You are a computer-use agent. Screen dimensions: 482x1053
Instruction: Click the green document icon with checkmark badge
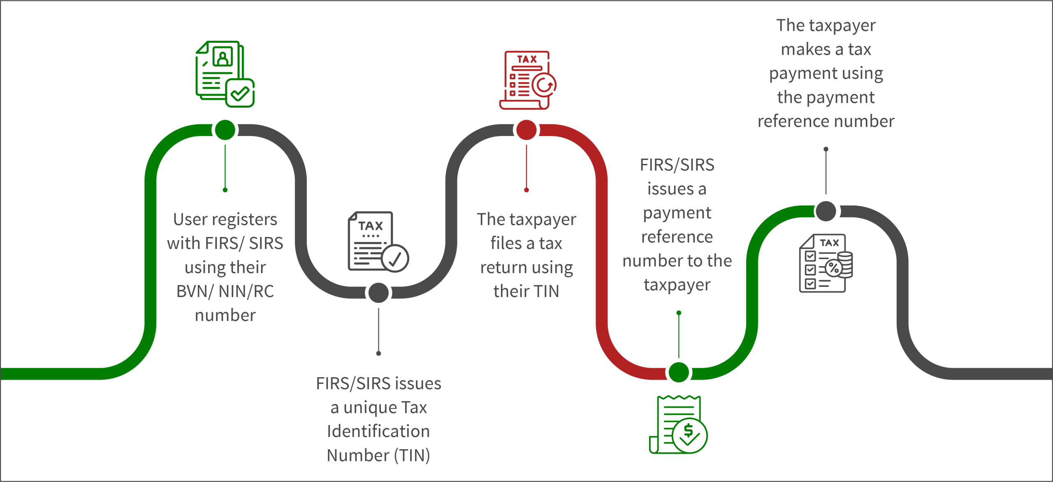point(225,74)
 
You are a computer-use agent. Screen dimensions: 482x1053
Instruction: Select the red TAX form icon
point(527,80)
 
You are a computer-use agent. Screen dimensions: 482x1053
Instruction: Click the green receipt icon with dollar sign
point(679,425)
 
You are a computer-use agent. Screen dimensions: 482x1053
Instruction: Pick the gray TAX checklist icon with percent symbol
point(826,263)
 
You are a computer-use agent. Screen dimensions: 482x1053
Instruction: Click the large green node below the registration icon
point(225,130)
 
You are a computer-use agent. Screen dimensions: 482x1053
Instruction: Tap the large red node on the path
point(526,130)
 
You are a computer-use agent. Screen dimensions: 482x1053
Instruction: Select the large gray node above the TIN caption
point(378,293)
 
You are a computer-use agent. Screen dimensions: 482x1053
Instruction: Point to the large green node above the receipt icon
point(679,373)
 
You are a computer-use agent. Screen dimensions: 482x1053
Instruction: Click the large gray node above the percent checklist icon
point(826,211)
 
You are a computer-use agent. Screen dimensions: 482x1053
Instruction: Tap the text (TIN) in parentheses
point(412,455)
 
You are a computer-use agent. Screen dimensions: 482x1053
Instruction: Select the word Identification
point(378,431)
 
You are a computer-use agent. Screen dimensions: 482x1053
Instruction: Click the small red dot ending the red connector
point(526,190)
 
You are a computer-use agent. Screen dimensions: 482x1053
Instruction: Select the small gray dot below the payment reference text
point(826,149)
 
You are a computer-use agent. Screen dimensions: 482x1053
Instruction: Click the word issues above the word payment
point(670,189)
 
